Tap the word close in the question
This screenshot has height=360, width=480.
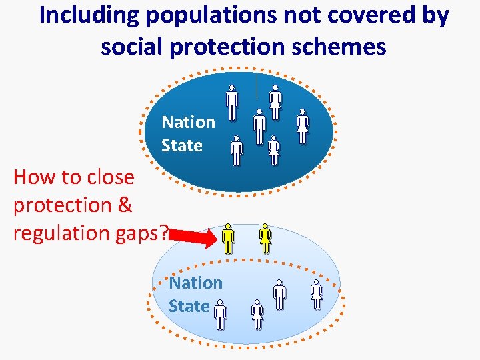107,177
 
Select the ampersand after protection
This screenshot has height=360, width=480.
124,205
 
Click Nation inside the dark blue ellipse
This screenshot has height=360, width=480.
188,122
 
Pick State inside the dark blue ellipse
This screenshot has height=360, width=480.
181,145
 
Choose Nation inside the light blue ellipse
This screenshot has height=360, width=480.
195,283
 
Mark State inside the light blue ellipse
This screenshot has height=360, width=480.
189,306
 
